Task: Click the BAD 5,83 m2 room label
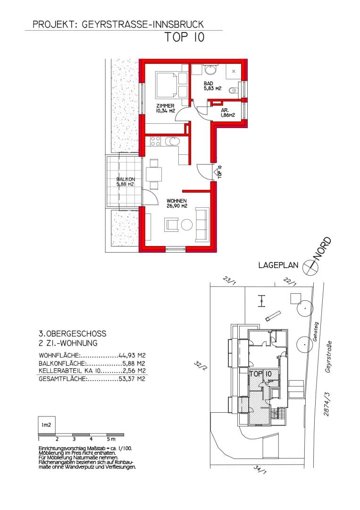212,86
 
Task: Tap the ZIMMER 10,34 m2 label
166,108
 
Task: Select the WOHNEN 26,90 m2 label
177,203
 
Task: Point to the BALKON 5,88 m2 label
126,181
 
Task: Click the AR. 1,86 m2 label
227,112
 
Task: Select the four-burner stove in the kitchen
155,142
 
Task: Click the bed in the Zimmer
167,85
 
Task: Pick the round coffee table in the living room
187,225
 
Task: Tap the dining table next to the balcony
154,174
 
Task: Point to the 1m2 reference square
47,425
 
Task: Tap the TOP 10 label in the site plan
260,374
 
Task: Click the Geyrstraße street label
328,357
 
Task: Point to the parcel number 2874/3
327,404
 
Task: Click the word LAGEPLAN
278,265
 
